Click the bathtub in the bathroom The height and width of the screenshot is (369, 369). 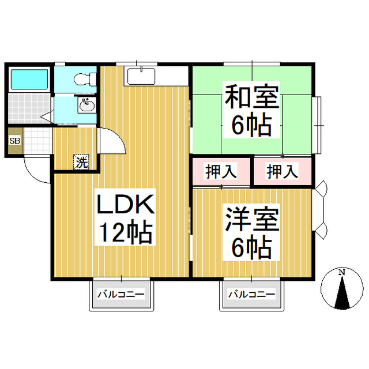(29, 80)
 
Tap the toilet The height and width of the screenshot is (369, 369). (85, 78)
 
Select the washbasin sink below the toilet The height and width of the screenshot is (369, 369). (87, 105)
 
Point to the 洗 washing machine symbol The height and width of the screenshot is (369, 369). (82, 162)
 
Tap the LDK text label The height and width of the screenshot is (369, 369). (123, 205)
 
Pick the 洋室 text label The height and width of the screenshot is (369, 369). (251, 220)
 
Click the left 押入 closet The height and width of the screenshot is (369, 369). (221, 171)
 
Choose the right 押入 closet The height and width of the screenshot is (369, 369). (283, 171)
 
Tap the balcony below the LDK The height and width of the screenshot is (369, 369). (121, 295)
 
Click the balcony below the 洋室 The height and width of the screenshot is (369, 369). (251, 295)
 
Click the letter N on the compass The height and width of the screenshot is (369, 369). (341, 272)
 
